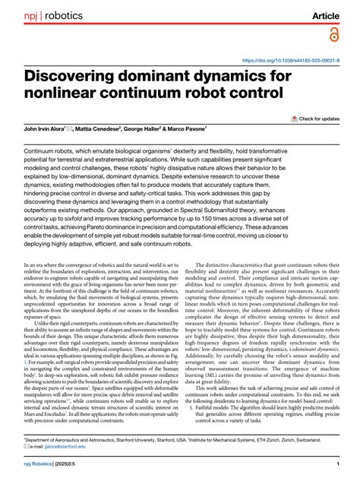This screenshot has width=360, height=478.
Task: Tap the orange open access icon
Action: (x=333, y=35)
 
